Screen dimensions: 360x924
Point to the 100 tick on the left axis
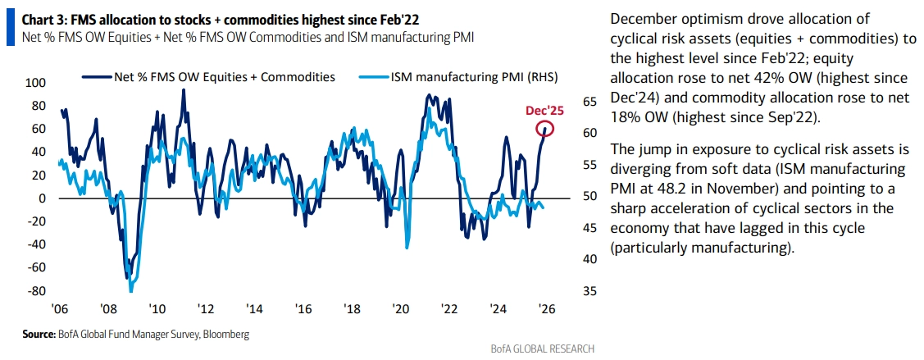pyautogui.click(x=36, y=83)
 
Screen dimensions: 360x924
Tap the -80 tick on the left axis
pyautogui.click(x=36, y=291)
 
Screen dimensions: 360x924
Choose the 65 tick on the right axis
pyautogui.click(x=589, y=102)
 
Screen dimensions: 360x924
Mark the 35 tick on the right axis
pyautogui.click(x=589, y=291)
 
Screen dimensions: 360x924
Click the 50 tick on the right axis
pyautogui.click(x=589, y=196)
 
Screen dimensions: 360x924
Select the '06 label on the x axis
pyautogui.click(x=58, y=309)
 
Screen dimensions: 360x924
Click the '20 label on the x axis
pyautogui.click(x=400, y=309)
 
